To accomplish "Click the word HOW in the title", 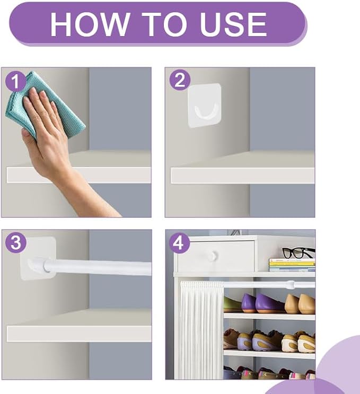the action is coord(90,24).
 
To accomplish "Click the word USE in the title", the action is coord(233,24).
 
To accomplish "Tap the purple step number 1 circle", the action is coord(15,81).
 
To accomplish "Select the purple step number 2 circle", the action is coord(180,81).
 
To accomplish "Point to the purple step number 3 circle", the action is coord(15,243).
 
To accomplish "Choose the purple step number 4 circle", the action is coord(179,243).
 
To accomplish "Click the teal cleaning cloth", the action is coord(45,106).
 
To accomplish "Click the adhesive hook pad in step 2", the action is coord(205,106).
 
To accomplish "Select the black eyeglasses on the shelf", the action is coord(298,252).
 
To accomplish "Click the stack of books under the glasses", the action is coord(292,265).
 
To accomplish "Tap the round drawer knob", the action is coord(214,256).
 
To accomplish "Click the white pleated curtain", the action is coord(201,330).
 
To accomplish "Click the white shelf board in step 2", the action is coord(242,176).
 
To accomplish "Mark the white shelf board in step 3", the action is coord(79,334).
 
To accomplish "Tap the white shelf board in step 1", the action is coord(78,175).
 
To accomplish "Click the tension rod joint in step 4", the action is coord(291,285).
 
